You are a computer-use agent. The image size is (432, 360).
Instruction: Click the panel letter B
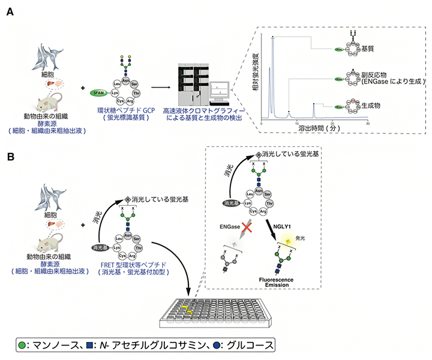10,157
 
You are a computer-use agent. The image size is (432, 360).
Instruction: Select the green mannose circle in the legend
22,346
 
